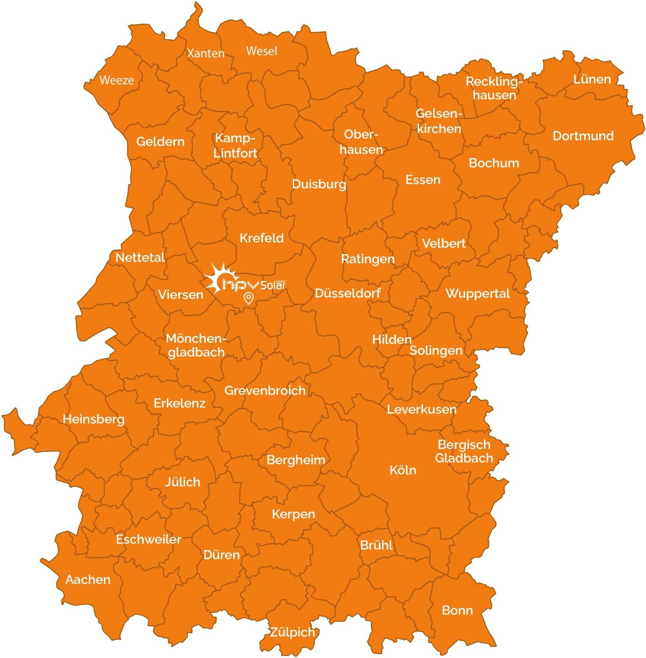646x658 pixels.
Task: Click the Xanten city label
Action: pyautogui.click(x=206, y=53)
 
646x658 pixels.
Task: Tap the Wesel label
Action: pyautogui.click(x=262, y=51)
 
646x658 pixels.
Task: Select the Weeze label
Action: pyautogui.click(x=116, y=80)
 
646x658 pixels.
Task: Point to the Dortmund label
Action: pyautogui.click(x=583, y=136)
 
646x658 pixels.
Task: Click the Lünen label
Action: pyautogui.click(x=592, y=79)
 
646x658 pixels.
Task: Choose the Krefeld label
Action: pyautogui.click(x=262, y=238)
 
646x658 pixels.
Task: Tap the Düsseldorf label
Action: pyautogui.click(x=348, y=293)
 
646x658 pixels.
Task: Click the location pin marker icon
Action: pyautogui.click(x=248, y=298)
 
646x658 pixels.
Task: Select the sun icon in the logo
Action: pyautogui.click(x=218, y=278)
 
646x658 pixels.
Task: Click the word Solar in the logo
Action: pyautogui.click(x=273, y=285)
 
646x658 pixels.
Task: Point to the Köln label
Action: pyautogui.click(x=403, y=470)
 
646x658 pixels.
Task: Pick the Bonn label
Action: pyautogui.click(x=457, y=610)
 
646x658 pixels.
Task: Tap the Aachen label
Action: pyautogui.click(x=88, y=580)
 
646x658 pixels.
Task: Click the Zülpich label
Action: pyautogui.click(x=292, y=632)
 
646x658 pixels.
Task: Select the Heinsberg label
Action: pyautogui.click(x=94, y=419)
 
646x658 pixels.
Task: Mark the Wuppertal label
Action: pyautogui.click(x=478, y=294)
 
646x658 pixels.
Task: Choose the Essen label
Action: pyautogui.click(x=423, y=180)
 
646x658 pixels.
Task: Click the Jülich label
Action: pyautogui.click(x=183, y=482)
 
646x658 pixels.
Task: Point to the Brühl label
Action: pyautogui.click(x=376, y=545)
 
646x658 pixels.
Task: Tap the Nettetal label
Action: pyautogui.click(x=140, y=258)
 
